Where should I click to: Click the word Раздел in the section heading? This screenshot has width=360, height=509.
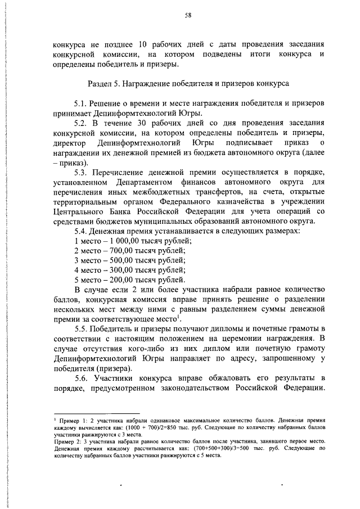[101, 84]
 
